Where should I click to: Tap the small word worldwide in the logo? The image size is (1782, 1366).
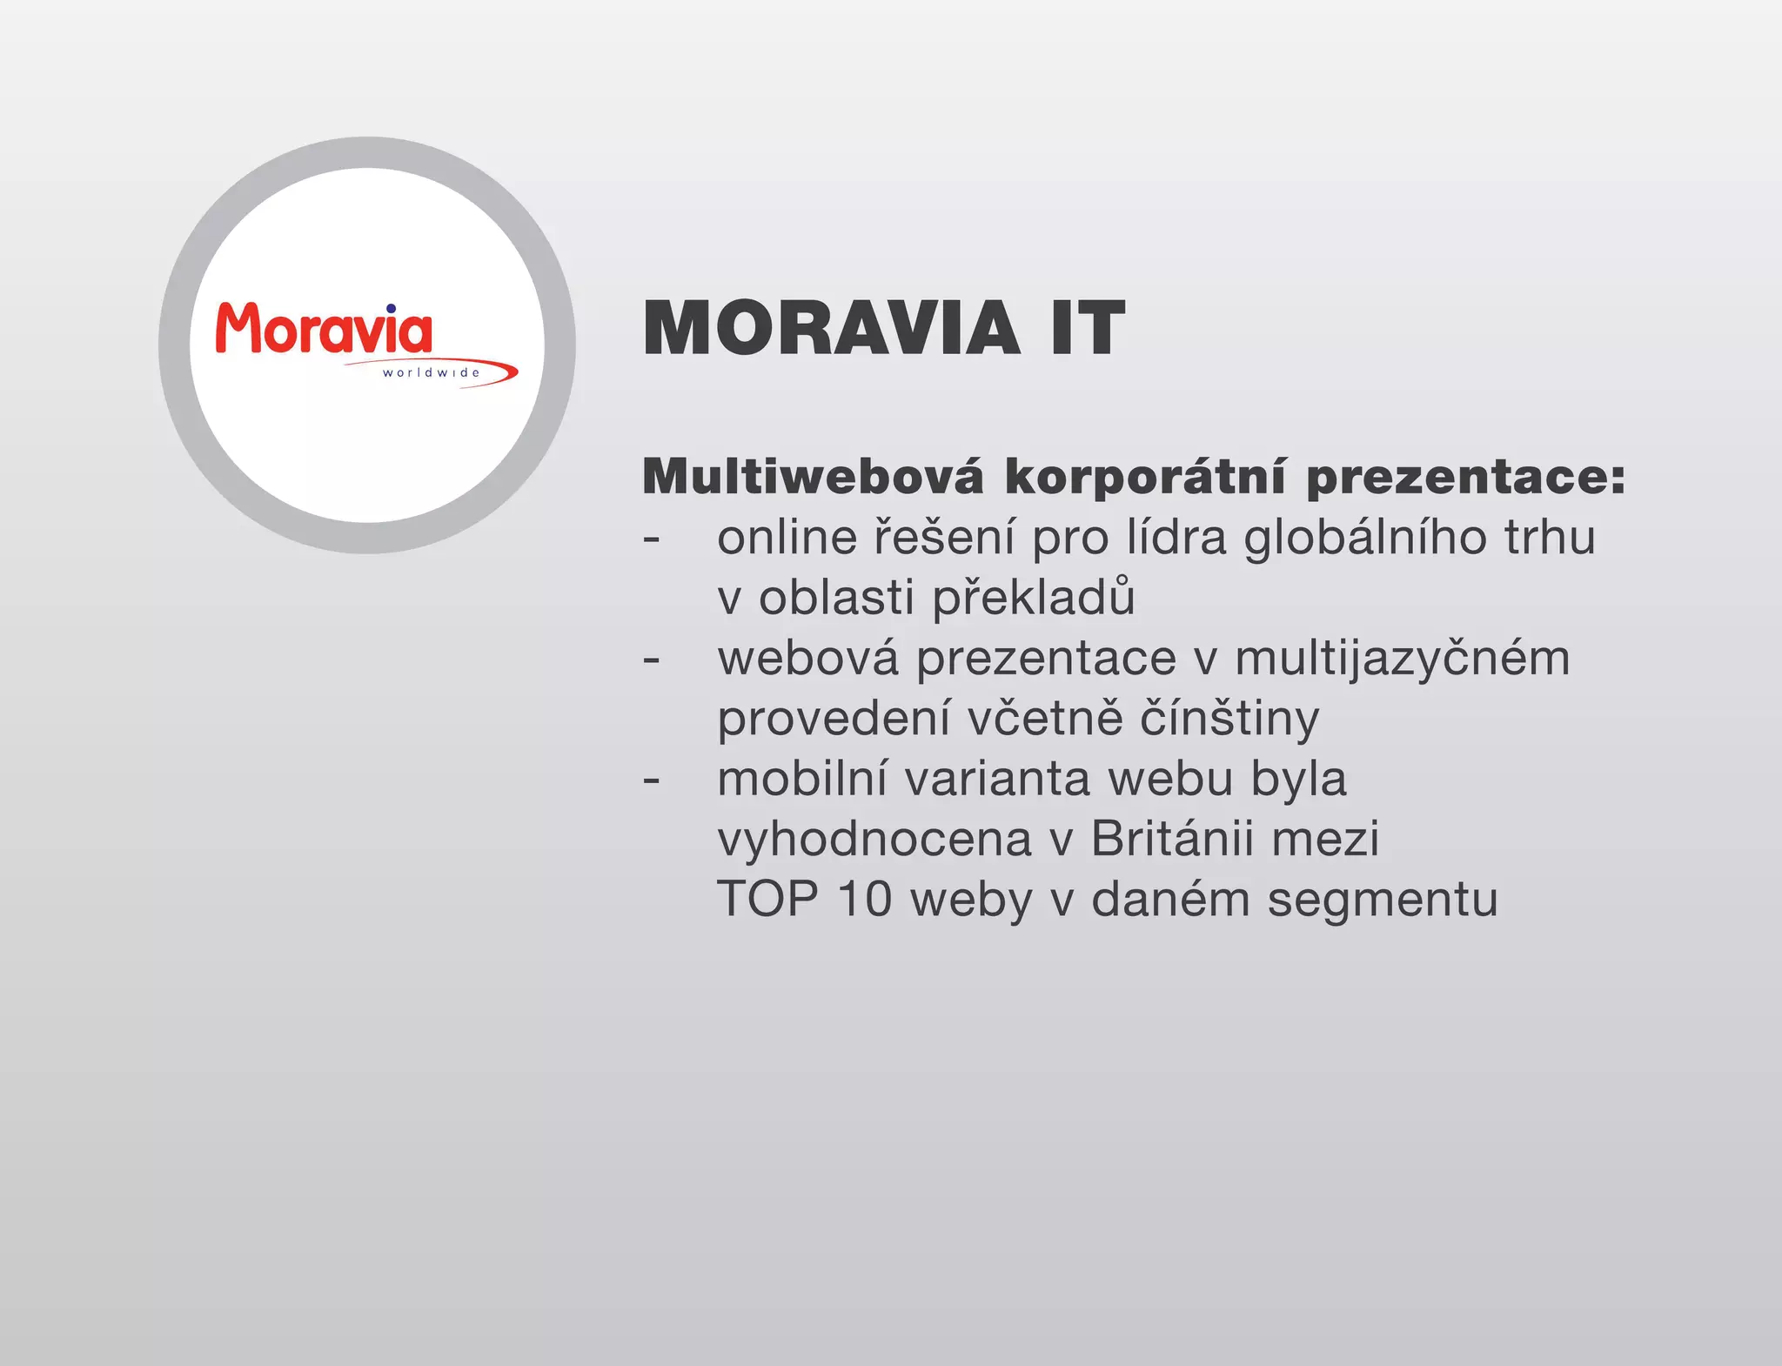point(431,372)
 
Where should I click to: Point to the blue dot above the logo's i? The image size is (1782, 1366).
point(392,308)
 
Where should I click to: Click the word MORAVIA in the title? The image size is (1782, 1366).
point(831,329)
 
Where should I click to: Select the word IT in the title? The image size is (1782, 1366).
point(1088,329)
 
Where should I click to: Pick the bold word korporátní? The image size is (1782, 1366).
point(1145,477)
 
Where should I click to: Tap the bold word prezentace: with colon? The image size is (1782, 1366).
point(1466,477)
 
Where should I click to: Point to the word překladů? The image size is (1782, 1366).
point(1034,599)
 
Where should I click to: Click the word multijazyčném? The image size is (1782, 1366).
point(1403,660)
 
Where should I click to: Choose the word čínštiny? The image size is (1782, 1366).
point(1229,720)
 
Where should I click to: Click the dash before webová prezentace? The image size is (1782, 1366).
point(652,660)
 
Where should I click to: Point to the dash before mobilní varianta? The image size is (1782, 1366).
point(652,780)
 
